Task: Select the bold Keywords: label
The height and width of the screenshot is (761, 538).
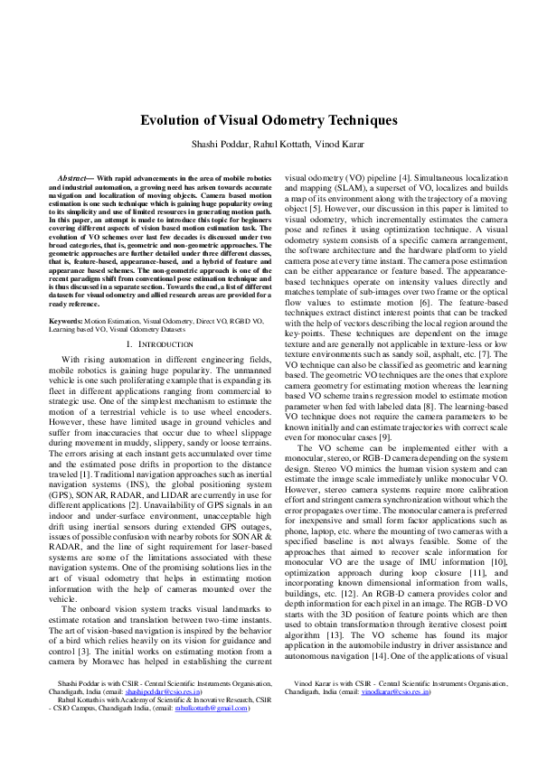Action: [66, 321]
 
